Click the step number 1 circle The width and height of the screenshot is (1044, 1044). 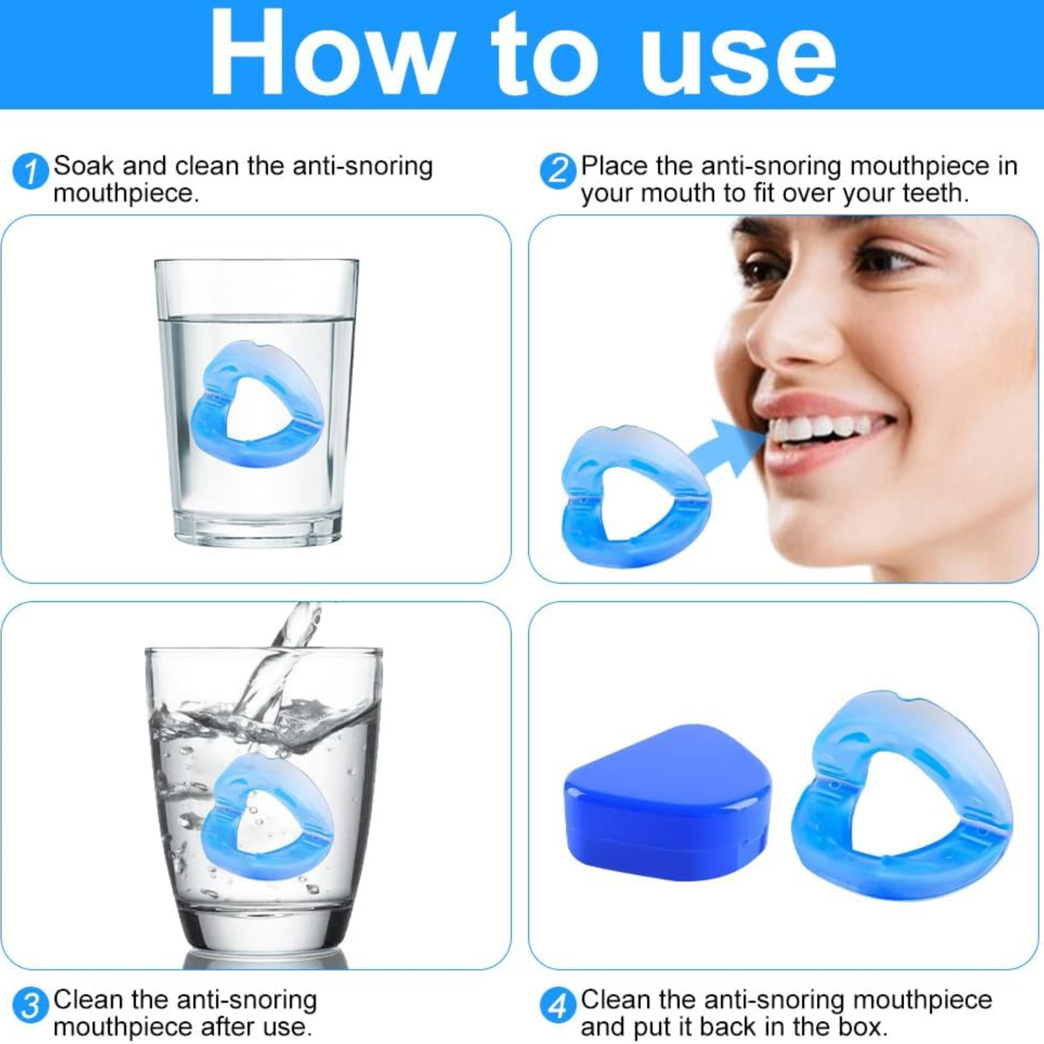pos(30,172)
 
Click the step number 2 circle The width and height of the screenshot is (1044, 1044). pos(558,172)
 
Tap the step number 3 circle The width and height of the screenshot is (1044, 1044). pos(30,1006)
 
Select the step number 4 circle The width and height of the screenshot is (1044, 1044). pos(558,1006)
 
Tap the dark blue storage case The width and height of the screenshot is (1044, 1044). pos(666,802)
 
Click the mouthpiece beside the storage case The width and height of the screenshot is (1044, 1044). pos(903,795)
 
